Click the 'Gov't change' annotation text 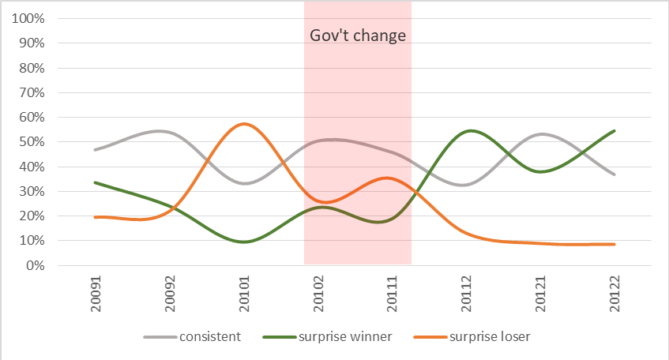(357, 36)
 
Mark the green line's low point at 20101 (244, 242)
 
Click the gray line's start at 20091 (95, 150)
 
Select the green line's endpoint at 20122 (614, 131)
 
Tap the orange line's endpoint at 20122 (614, 244)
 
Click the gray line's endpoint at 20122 (614, 174)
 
